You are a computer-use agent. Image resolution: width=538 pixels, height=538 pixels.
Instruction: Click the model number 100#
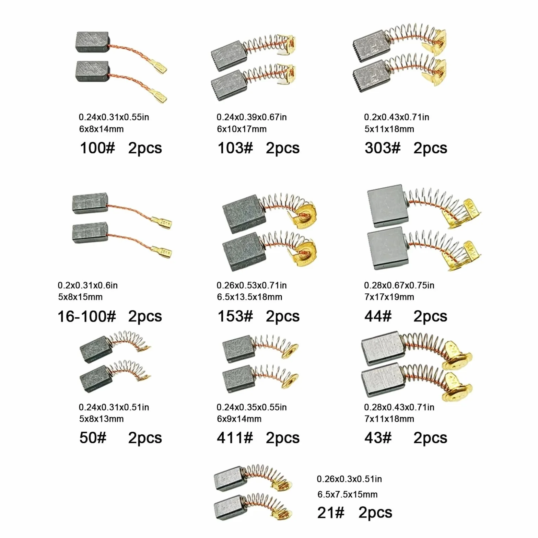click(97, 148)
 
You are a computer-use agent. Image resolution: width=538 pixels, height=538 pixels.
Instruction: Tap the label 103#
click(235, 148)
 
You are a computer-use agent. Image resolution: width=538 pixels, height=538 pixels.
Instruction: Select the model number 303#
click(382, 148)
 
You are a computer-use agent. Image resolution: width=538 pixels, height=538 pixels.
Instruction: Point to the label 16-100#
click(87, 316)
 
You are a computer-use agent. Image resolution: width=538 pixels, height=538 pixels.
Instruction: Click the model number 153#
click(235, 316)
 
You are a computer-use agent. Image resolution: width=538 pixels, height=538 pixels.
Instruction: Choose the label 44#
click(378, 316)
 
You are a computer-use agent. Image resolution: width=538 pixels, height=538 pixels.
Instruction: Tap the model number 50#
click(93, 438)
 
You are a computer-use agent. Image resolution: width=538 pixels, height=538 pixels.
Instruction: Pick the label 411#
click(235, 438)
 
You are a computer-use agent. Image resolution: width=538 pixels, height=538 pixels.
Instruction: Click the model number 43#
click(378, 438)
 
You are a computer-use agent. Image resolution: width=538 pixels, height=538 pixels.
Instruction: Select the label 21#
click(331, 513)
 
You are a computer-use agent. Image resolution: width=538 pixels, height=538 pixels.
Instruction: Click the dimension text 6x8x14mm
click(101, 129)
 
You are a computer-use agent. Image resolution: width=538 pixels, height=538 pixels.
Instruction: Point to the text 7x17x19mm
click(389, 297)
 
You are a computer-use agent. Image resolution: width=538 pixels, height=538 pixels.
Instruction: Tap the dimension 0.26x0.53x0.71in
click(252, 285)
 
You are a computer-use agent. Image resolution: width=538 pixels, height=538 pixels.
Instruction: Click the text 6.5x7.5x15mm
click(347, 494)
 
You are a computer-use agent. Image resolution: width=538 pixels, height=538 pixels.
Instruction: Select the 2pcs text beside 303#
click(430, 148)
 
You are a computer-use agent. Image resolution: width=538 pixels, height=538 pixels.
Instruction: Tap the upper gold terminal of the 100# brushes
click(159, 66)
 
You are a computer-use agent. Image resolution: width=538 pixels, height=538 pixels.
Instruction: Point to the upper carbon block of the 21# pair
click(229, 479)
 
